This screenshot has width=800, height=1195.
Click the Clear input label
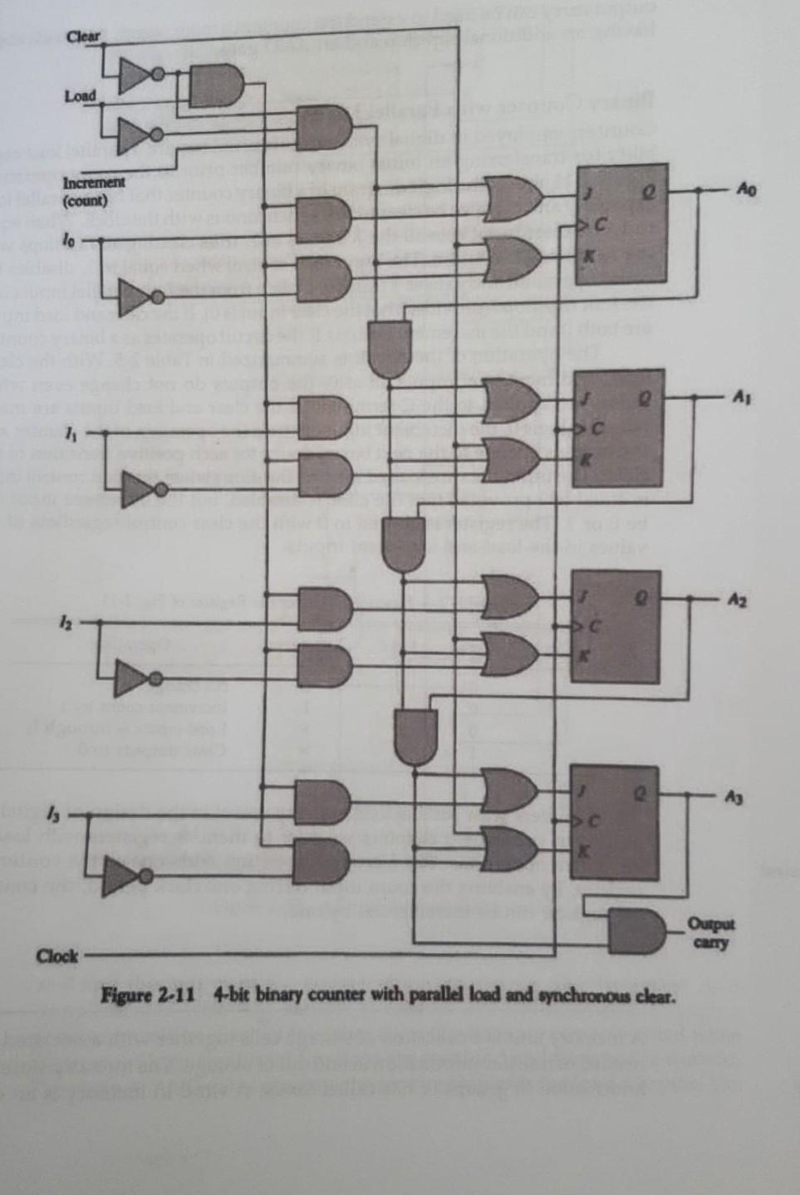(x=82, y=37)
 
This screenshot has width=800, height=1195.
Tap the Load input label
(x=80, y=96)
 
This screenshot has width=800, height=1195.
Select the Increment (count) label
(x=94, y=191)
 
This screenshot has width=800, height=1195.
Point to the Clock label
(x=56, y=956)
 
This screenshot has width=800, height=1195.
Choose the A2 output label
(x=738, y=600)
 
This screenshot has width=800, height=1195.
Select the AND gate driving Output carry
(x=637, y=932)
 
